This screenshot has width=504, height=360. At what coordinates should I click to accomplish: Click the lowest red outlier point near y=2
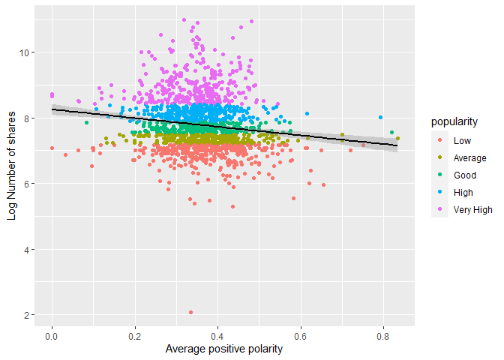190,312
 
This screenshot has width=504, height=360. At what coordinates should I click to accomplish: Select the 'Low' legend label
462,140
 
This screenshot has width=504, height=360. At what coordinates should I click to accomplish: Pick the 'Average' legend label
469,157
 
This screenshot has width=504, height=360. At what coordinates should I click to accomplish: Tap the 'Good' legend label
464,175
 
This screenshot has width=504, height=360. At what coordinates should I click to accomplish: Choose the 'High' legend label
463,192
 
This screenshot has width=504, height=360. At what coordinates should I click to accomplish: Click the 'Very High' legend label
472,209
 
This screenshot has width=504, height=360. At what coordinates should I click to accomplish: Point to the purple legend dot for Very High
440,209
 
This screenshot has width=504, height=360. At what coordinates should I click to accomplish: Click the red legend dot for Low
440,140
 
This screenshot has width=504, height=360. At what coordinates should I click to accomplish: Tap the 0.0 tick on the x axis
52,336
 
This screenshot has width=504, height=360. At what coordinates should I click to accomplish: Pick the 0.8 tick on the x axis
383,336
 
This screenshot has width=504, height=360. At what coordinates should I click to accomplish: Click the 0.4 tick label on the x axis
217,336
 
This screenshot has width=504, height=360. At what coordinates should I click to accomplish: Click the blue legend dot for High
440,192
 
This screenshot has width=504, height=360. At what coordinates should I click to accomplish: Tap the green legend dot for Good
440,175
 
